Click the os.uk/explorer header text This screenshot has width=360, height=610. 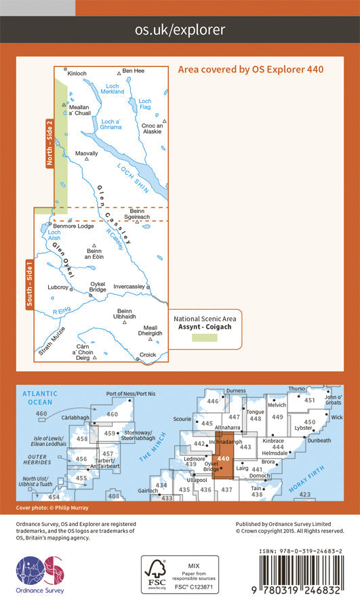click(180, 29)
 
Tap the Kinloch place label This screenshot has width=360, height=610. click(78, 72)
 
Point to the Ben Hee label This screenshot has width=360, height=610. click(133, 70)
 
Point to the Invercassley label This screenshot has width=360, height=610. click(129, 287)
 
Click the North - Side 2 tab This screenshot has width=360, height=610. click(48, 143)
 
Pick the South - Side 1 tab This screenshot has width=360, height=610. click(28, 285)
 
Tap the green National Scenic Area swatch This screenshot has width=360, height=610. click(203, 337)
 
